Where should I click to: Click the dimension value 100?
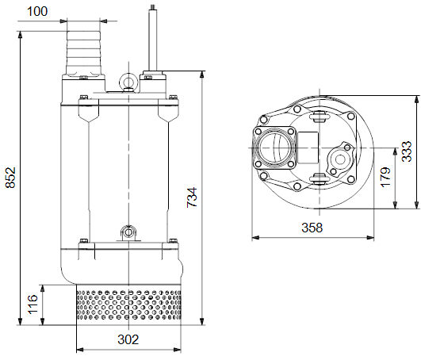pyautogui.click(x=37, y=11)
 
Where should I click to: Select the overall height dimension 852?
pyautogui.click(x=11, y=178)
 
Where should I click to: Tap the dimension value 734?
pyautogui.click(x=192, y=197)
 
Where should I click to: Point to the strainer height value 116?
pyautogui.click(x=33, y=304)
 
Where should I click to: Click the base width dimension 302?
pyautogui.click(x=128, y=339)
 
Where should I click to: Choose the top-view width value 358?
pyautogui.click(x=312, y=228)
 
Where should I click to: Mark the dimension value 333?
pyautogui.click(x=407, y=151)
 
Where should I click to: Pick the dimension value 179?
pyautogui.click(x=385, y=177)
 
